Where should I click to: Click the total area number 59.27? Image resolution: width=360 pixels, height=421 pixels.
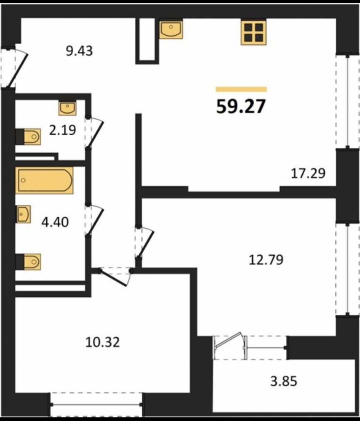[241, 107]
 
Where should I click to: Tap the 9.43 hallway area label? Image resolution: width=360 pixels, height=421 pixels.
[80, 51]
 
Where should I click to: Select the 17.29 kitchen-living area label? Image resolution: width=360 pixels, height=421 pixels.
[308, 173]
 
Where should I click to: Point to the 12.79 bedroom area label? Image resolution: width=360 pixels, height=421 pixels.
[266, 260]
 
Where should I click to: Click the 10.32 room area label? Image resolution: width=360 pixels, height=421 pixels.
[103, 342]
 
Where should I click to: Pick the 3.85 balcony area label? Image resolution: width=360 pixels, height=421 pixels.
[284, 381]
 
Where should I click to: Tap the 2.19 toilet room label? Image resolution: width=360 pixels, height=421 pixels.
[63, 130]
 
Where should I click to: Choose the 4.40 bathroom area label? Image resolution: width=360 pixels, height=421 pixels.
[55, 222]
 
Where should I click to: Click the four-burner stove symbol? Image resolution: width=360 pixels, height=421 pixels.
[253, 32]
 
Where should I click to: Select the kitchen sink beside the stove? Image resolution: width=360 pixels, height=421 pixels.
[171, 29]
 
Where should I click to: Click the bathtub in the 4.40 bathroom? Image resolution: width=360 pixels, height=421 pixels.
[44, 180]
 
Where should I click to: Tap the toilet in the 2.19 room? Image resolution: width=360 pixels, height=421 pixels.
[28, 137]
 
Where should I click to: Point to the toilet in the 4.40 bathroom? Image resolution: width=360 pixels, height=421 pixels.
[28, 262]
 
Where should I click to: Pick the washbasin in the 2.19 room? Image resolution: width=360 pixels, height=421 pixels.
[67, 108]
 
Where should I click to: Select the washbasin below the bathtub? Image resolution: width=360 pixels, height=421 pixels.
[23, 214]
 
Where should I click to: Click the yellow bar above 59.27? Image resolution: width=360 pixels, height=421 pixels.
[241, 89]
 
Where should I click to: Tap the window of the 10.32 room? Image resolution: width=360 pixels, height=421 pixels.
[96, 404]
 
